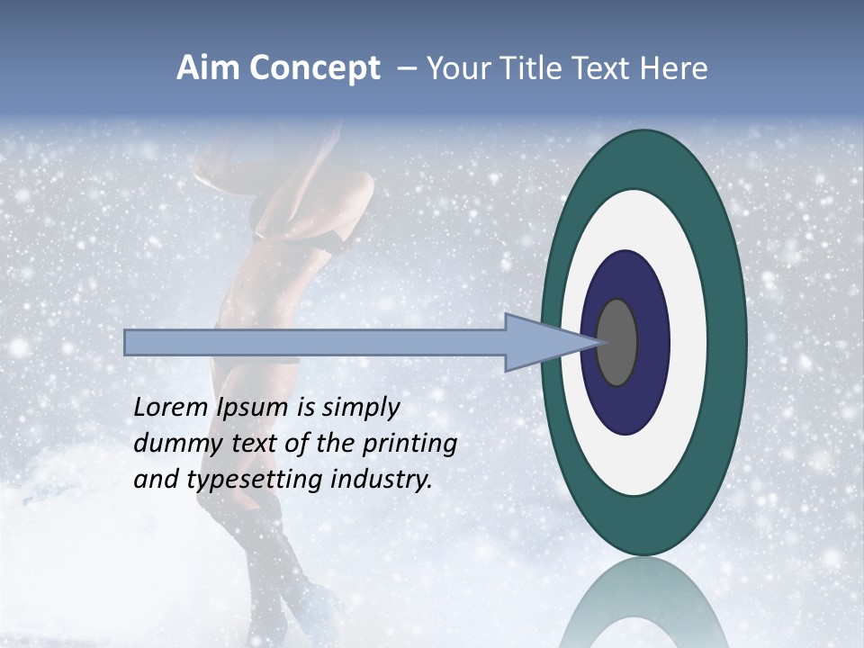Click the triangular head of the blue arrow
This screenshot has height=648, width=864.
point(540,342)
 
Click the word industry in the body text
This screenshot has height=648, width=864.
point(382,480)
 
